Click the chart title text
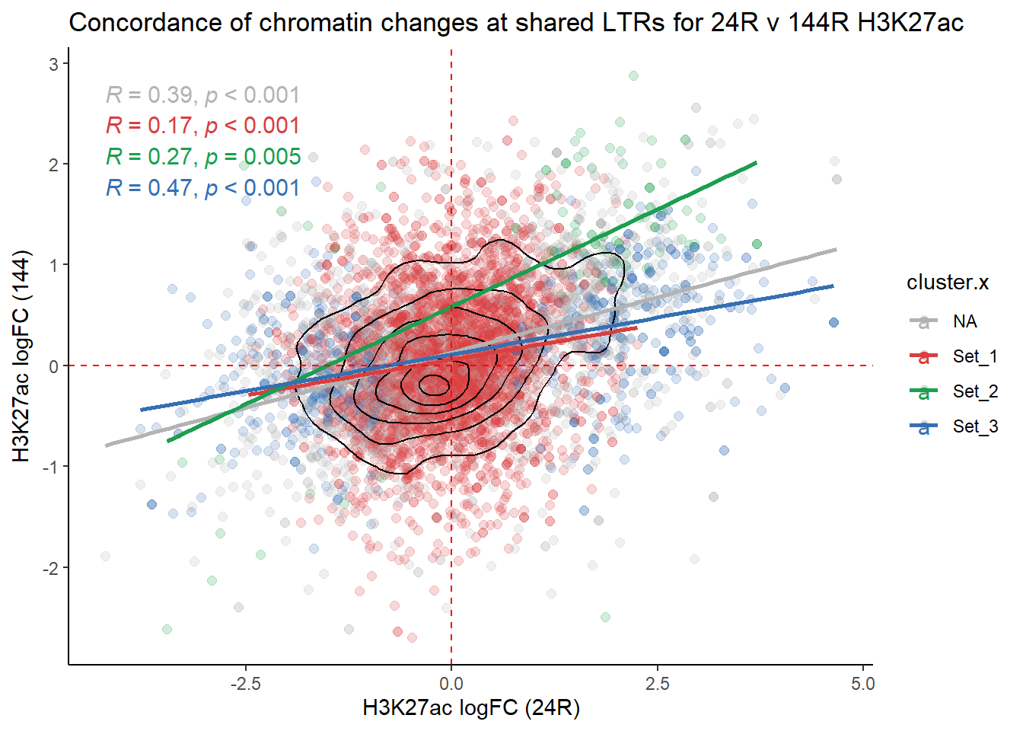(516, 23)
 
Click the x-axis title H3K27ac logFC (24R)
(471, 708)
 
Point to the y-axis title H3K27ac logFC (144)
(21, 356)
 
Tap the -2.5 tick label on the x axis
(245, 684)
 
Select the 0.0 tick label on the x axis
(451, 684)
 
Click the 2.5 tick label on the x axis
(658, 684)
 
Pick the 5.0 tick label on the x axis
(863, 684)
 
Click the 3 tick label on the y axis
(54, 64)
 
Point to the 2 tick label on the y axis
(54, 164)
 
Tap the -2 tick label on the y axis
(50, 568)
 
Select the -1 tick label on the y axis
(50, 467)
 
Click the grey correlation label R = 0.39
(202, 95)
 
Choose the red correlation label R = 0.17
(202, 126)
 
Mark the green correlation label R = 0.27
(203, 157)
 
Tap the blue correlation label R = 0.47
(202, 188)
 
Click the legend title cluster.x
(947, 283)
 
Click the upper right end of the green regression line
(756, 162)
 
